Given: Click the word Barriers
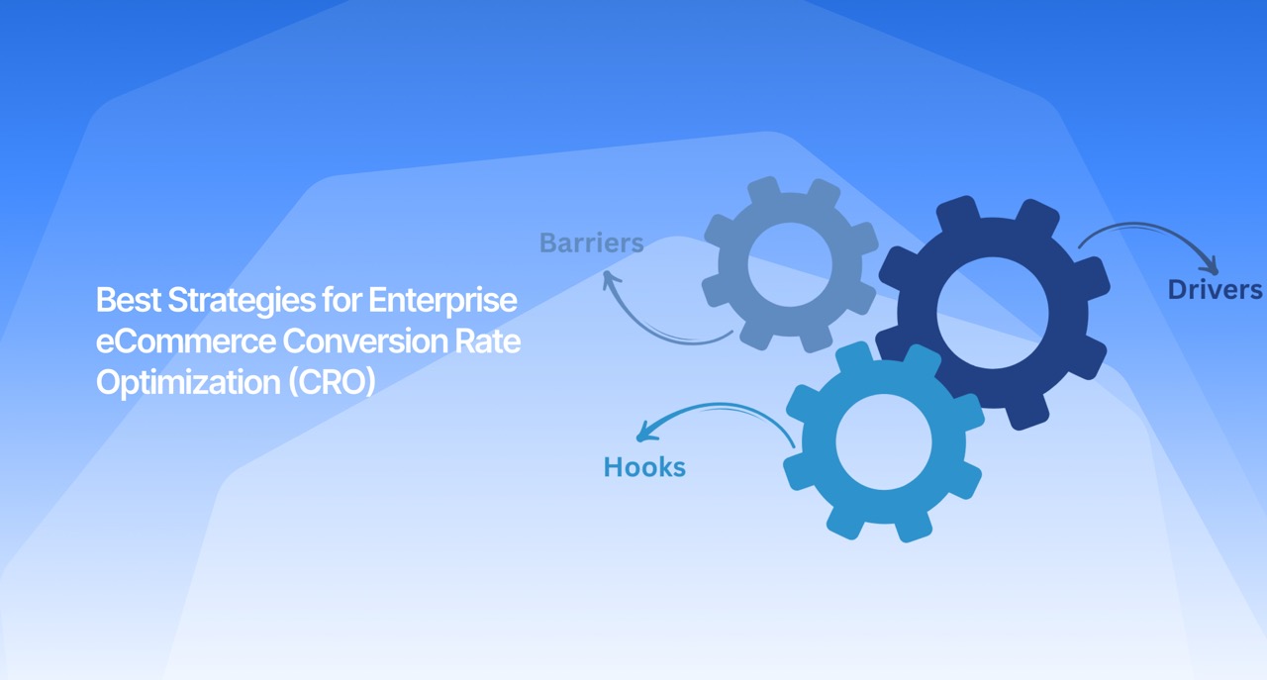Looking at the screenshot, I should pos(591,243).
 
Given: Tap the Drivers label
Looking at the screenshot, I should pos(1215,290).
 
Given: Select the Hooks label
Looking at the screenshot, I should pos(644,467).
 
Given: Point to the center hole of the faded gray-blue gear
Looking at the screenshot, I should pos(790,264).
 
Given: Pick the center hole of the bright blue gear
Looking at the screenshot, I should pos(884,442).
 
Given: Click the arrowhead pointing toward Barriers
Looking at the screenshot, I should pos(611,280).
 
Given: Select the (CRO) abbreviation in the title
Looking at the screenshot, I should pos(333,382).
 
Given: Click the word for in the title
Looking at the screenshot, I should pos(338,300).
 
